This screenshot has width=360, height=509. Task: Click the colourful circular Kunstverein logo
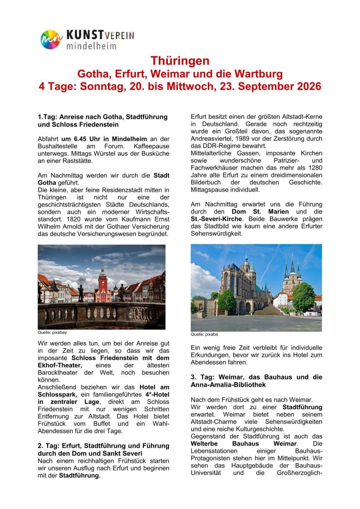pyautogui.click(x=50, y=40)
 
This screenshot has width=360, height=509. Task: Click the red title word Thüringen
pyautogui.click(x=180, y=61)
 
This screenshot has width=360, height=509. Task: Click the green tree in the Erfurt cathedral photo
pyautogui.click(x=303, y=297)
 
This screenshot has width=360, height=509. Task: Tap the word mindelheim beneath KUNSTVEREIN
pyautogui.click(x=91, y=45)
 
